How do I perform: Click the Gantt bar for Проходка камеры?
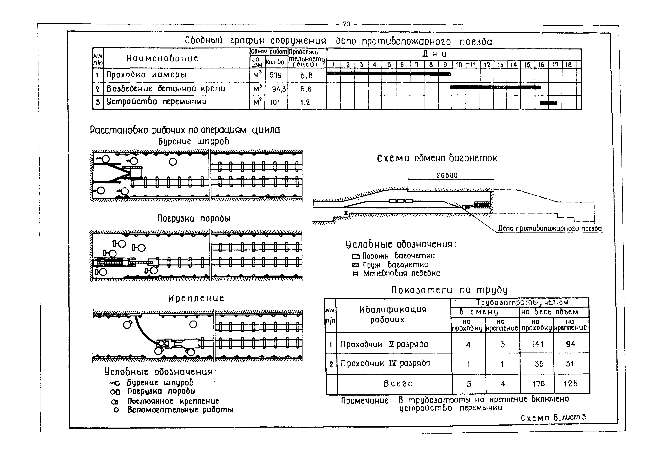tap(389, 74)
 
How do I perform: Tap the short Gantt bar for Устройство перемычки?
tap(549, 103)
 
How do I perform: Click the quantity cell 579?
tap(276, 75)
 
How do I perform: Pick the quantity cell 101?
tap(275, 102)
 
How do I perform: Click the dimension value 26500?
tap(447, 175)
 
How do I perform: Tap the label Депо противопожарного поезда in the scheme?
tap(549, 229)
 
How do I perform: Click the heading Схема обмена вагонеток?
tap(437, 158)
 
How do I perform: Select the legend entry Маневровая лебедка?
tap(401, 273)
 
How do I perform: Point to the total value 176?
tap(538, 384)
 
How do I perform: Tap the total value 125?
tap(570, 384)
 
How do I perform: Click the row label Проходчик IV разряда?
tap(385, 364)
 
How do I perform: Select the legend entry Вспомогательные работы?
tap(180, 410)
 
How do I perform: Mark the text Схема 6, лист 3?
tap(553, 418)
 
